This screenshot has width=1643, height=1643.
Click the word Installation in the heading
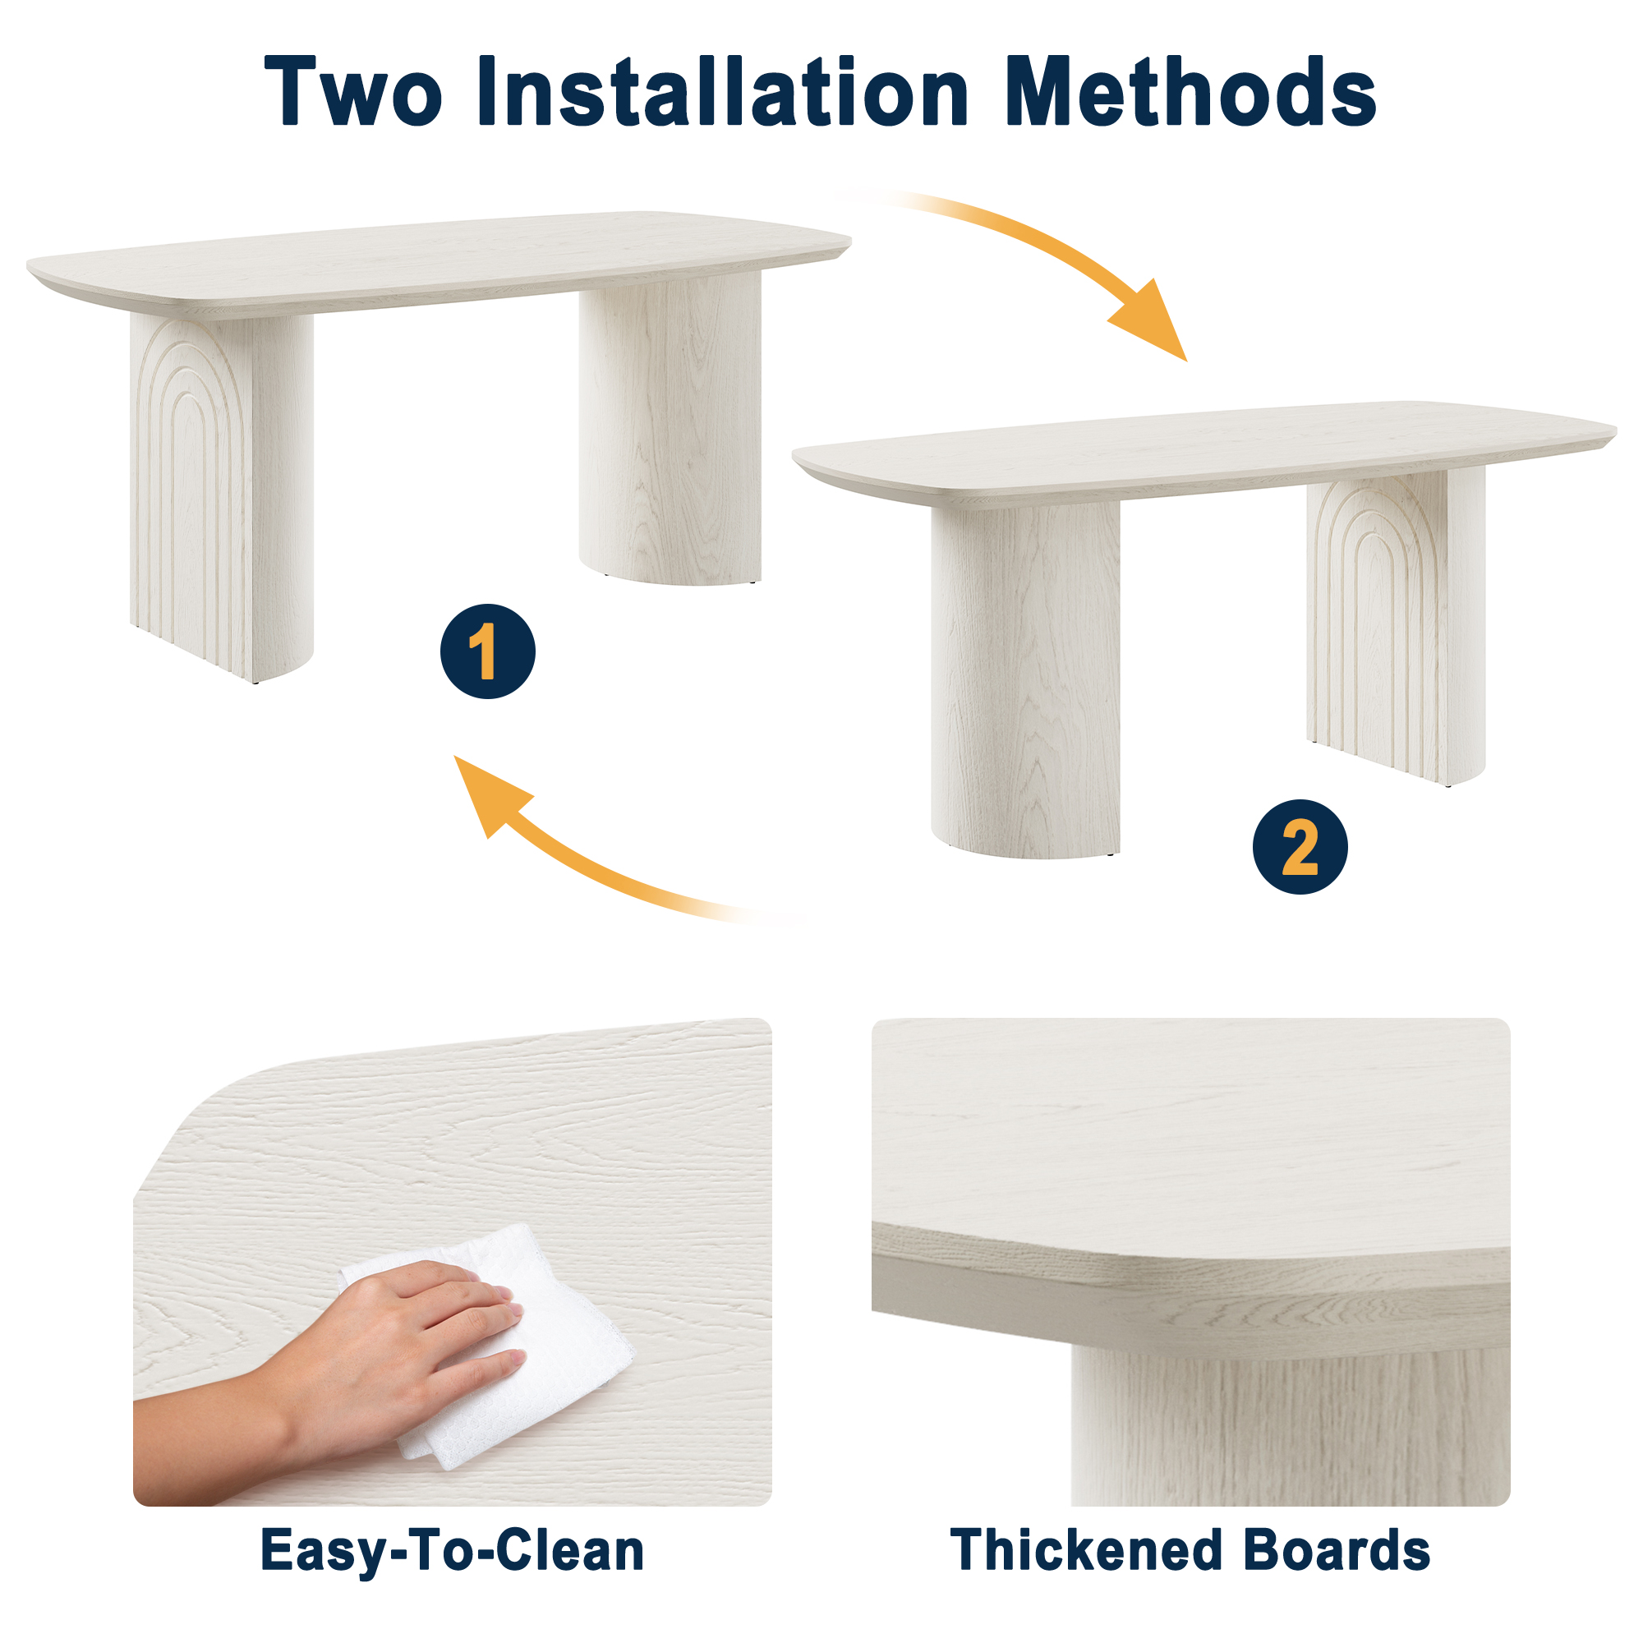tap(722, 92)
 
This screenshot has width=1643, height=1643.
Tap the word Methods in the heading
tap(1190, 92)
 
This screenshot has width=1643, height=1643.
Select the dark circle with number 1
tap(487, 651)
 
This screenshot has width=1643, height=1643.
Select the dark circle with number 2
tap(1300, 847)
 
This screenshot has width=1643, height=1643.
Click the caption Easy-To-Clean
tap(452, 1550)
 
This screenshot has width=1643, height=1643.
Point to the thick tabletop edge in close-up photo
tap(1190, 1297)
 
